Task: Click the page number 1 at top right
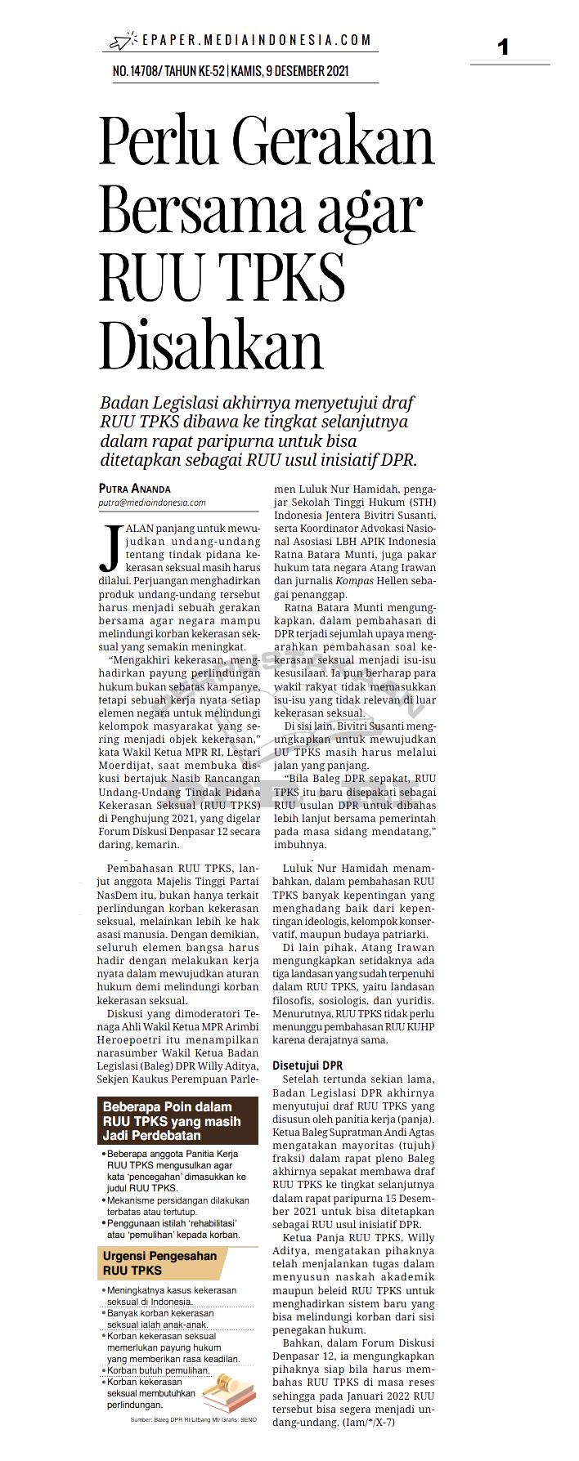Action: (x=503, y=47)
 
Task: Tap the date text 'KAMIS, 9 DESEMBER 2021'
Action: (x=290, y=71)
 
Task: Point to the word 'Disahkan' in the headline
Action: (x=211, y=346)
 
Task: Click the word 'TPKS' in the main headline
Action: (x=283, y=278)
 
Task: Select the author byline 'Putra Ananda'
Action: (x=135, y=489)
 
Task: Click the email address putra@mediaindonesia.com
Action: (x=152, y=503)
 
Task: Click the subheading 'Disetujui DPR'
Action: (x=307, y=1066)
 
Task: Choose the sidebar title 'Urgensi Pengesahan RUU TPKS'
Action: (x=159, y=1263)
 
